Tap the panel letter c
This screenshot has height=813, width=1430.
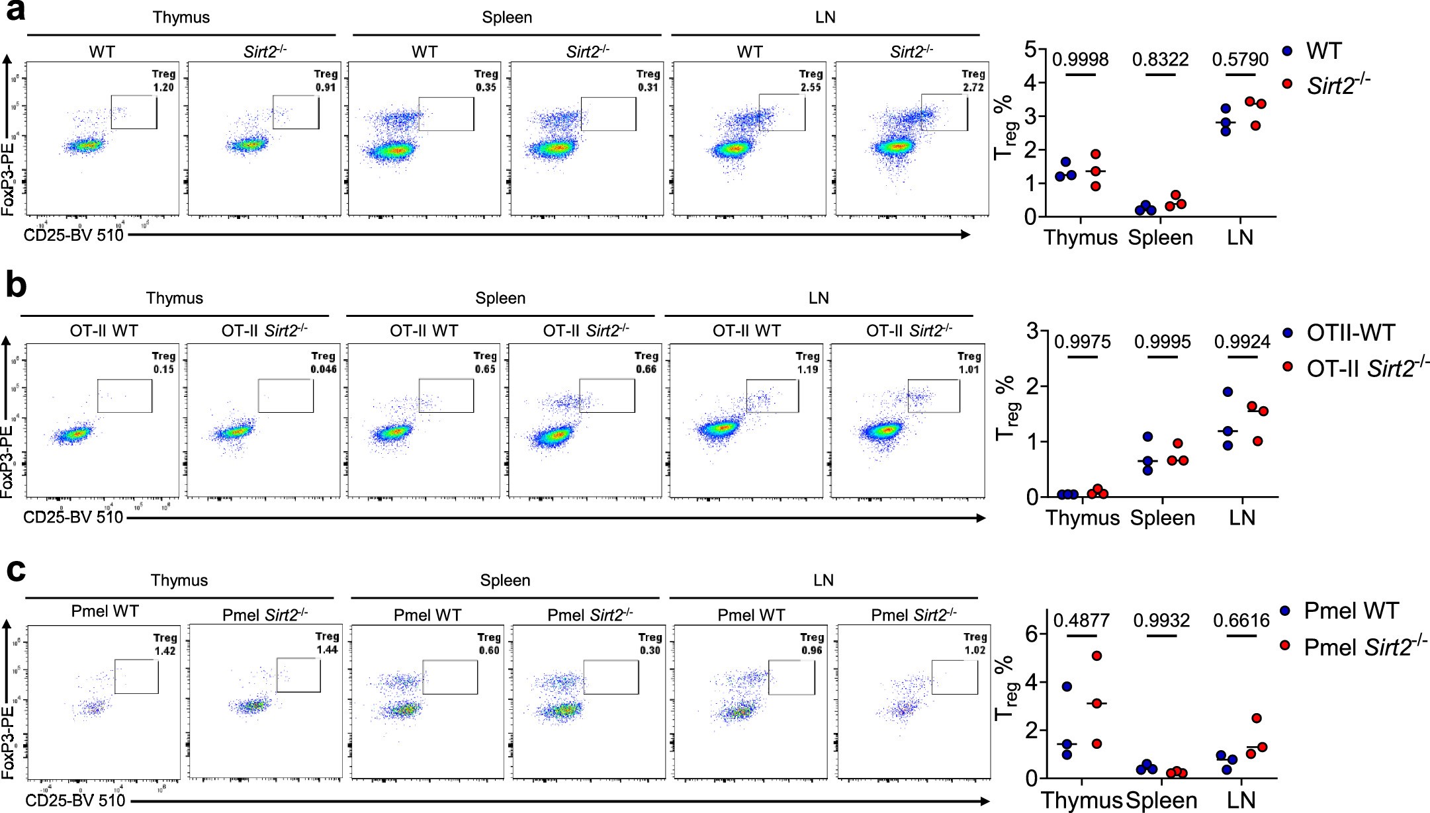(x=15, y=569)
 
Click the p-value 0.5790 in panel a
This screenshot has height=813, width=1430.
(x=1240, y=60)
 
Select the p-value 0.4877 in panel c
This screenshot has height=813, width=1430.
(x=1082, y=620)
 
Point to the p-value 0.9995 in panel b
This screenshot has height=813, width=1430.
(x=1162, y=342)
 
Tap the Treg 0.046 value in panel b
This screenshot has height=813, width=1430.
(x=323, y=369)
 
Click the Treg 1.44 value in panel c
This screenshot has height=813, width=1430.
(x=326, y=650)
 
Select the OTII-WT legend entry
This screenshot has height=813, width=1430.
(x=1350, y=333)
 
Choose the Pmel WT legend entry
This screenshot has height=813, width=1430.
(x=1350, y=611)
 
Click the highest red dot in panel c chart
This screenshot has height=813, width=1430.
(x=1096, y=656)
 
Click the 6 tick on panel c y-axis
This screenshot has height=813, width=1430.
(x=1033, y=634)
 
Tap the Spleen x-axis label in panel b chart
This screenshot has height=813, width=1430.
(x=1162, y=517)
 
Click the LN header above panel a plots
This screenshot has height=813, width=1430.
(x=825, y=17)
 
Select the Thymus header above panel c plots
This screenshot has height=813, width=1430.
(x=179, y=580)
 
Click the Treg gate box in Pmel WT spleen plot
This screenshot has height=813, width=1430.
(x=450, y=677)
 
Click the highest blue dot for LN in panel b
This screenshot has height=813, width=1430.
(x=1228, y=392)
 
